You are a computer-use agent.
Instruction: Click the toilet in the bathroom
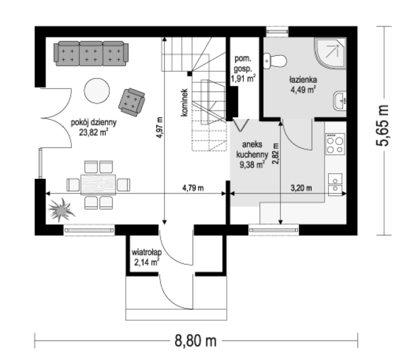click(275, 61)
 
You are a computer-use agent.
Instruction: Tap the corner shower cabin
click(330, 53)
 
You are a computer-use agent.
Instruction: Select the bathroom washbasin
click(340, 101)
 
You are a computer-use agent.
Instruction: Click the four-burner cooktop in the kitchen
click(335, 144)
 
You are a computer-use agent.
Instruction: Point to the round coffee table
click(97, 91)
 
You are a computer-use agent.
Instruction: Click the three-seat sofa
click(91, 53)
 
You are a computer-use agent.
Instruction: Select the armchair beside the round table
click(132, 102)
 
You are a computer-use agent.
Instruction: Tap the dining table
click(98, 185)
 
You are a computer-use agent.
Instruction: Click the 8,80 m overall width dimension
click(196, 340)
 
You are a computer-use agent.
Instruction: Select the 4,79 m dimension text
click(193, 188)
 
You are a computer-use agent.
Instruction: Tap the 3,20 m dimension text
click(301, 188)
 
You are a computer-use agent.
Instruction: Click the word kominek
click(184, 103)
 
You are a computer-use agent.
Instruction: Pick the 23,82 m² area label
click(93, 132)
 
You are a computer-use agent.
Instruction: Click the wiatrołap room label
click(147, 252)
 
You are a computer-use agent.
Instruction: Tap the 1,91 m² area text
click(243, 79)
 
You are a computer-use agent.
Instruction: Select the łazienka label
click(303, 79)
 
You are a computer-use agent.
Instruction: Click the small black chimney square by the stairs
click(190, 74)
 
